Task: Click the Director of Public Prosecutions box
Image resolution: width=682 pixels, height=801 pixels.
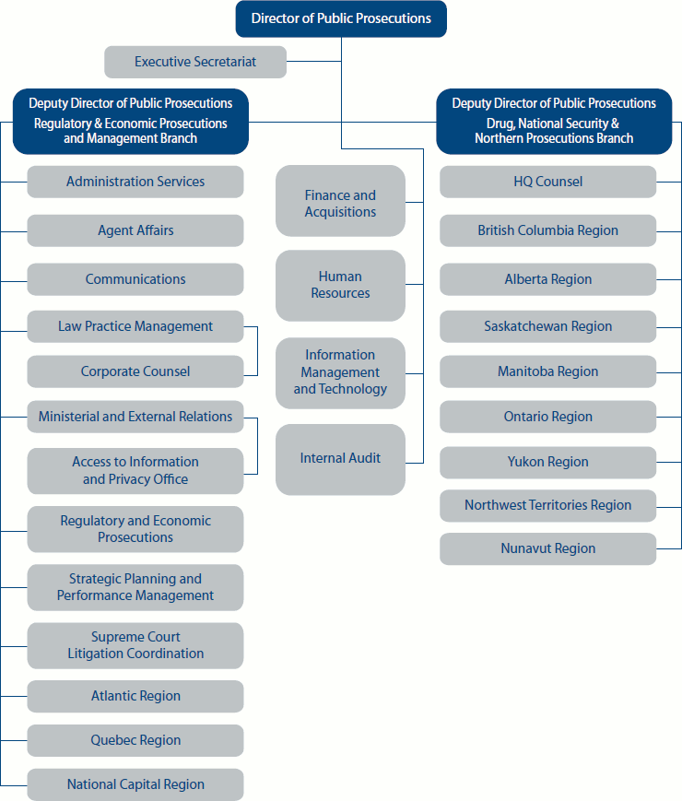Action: [x=341, y=19]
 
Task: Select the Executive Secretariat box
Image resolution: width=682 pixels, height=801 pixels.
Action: [x=195, y=62]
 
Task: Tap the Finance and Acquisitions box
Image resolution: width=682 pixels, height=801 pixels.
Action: [x=340, y=204]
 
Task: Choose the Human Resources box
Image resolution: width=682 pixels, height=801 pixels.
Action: [x=340, y=285]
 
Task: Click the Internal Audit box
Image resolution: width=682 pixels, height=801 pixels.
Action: [x=340, y=458]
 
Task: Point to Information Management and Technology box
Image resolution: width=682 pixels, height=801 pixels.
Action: [x=340, y=372]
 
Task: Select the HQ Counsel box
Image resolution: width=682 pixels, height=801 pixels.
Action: [x=547, y=182]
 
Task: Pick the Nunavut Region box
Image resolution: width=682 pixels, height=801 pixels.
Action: [x=547, y=548]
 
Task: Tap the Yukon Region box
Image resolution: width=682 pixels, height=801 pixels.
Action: [x=547, y=462]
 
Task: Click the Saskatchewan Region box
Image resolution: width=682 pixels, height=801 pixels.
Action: [x=547, y=326]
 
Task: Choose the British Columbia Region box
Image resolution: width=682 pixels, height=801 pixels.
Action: [x=547, y=230]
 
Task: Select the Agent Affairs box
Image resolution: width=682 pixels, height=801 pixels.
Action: [x=135, y=230]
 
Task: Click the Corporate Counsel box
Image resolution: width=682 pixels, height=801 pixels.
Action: [x=135, y=371]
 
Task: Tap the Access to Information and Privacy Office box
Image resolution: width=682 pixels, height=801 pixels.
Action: [x=135, y=470]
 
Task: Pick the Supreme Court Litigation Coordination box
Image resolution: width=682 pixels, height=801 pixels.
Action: [x=135, y=645]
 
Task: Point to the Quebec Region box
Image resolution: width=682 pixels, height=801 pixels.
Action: [x=135, y=740]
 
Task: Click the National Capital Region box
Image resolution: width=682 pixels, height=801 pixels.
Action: [x=135, y=784]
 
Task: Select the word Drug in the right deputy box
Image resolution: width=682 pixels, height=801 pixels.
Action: [x=501, y=123]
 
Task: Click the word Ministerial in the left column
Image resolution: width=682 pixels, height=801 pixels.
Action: [x=69, y=417]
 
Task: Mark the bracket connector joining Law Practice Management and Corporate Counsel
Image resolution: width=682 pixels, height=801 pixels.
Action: [x=257, y=350]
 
